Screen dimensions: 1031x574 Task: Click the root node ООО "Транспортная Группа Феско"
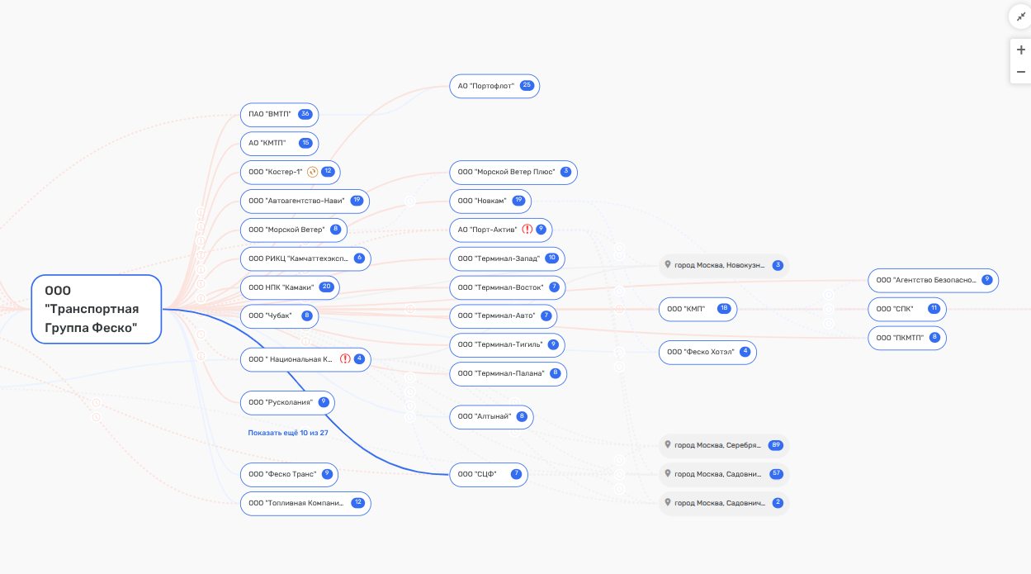pos(97,309)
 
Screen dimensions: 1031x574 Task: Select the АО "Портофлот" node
pos(494,86)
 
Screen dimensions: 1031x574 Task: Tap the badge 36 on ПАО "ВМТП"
pos(305,114)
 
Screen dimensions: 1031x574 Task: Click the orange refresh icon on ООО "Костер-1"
pos(312,172)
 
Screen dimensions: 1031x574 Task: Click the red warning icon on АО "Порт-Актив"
pos(527,230)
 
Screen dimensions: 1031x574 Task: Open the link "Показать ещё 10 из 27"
pos(288,433)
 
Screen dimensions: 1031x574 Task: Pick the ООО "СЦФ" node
pos(489,475)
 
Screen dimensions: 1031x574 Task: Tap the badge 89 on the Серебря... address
pos(776,445)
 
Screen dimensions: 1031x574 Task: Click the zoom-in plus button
pos(1021,50)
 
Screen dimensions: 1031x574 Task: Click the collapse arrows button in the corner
pos(1021,17)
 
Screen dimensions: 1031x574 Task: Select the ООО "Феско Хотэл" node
pos(707,353)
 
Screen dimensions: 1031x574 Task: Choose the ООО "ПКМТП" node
pos(906,338)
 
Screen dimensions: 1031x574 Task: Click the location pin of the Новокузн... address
pos(668,264)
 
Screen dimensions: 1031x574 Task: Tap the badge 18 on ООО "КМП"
pos(724,309)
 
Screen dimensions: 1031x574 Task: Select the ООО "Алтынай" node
pos(491,417)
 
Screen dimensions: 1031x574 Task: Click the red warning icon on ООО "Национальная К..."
pos(345,359)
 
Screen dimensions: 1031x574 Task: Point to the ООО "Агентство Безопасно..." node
pos(933,281)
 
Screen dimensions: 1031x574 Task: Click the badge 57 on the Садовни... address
pos(777,474)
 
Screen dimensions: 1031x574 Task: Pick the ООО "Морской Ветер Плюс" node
pos(513,173)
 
